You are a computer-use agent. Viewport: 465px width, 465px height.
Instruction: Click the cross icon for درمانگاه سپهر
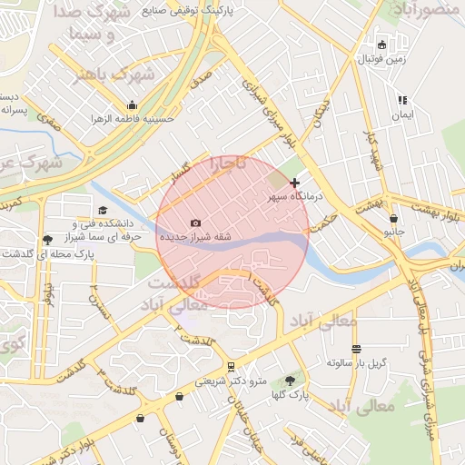[293, 183]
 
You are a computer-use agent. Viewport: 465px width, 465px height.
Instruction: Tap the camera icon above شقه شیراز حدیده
[195, 223]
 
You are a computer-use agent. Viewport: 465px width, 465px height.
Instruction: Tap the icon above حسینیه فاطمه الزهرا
[133, 104]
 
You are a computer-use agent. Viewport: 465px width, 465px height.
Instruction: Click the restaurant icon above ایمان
[402, 101]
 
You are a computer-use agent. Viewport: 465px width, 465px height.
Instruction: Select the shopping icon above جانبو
[393, 218]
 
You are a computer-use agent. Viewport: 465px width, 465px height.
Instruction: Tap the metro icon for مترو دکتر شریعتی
[232, 367]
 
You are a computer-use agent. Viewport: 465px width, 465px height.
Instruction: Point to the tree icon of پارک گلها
[290, 381]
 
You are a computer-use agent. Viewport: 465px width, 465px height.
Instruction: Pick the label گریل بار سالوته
[357, 362]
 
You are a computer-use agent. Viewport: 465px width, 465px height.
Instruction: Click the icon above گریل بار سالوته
[356, 349]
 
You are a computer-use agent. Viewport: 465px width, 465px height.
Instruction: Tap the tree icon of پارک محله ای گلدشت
[46, 240]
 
